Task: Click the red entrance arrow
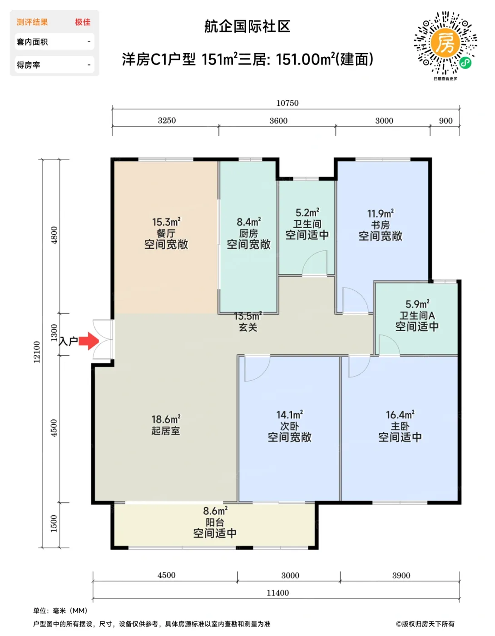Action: click(89, 341)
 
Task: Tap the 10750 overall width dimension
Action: click(287, 103)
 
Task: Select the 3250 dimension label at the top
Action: click(167, 120)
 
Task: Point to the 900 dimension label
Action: click(445, 121)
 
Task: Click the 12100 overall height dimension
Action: click(37, 352)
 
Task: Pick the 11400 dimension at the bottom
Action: click(277, 593)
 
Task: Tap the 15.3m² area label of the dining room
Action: click(166, 222)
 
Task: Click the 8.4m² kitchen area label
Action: click(249, 222)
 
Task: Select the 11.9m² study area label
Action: click(380, 214)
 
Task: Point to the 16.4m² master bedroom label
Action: click(400, 415)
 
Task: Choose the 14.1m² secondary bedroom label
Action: click(290, 415)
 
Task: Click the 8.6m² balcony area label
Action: click(215, 511)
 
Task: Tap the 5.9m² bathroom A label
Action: click(417, 304)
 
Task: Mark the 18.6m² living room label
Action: click(166, 419)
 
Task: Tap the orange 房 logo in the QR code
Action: click(445, 43)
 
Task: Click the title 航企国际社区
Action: click(247, 27)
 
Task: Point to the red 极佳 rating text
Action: click(83, 22)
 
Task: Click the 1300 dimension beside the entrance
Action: click(54, 333)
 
